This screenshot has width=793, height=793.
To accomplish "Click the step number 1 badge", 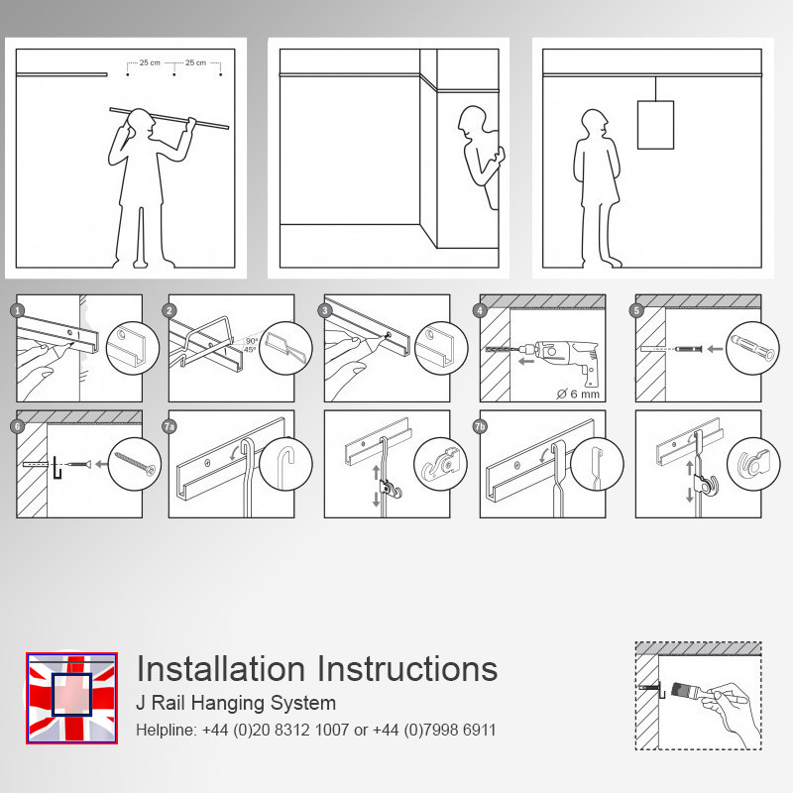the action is click(x=18, y=310).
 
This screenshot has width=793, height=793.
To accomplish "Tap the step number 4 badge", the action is click(x=481, y=310).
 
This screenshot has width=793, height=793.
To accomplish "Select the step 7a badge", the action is click(x=170, y=426).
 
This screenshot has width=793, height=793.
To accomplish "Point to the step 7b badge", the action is click(x=480, y=426).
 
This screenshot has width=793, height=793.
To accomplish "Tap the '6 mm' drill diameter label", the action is click(x=578, y=394).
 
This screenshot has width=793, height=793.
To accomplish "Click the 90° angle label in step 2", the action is click(x=252, y=341).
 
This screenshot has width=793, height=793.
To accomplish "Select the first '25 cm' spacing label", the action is click(x=150, y=62).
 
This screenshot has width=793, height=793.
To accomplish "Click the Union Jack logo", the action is click(x=71, y=698).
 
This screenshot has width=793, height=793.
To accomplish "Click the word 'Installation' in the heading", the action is click(x=220, y=668).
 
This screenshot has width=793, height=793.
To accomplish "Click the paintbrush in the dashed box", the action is click(x=688, y=690).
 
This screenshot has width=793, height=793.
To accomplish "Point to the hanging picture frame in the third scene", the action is click(x=655, y=125).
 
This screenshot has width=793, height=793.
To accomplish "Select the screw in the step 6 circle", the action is click(x=135, y=464).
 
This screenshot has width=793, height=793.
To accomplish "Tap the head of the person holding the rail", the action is click(x=141, y=124).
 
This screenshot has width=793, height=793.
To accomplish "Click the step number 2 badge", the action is click(x=170, y=310).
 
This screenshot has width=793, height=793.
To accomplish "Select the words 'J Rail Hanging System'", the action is click(x=236, y=703).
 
